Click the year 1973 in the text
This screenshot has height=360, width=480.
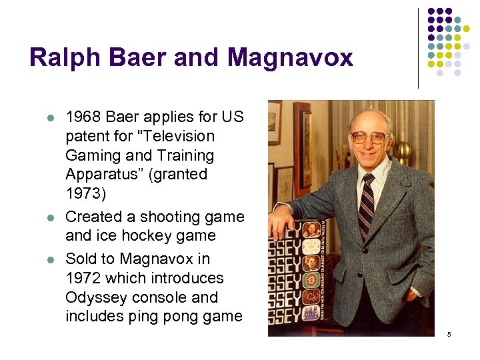[83, 193]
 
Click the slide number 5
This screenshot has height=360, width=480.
[449, 334]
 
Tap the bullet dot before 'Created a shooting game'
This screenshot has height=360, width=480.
[49, 217]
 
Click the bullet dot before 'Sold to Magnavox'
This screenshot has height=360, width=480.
[49, 259]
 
